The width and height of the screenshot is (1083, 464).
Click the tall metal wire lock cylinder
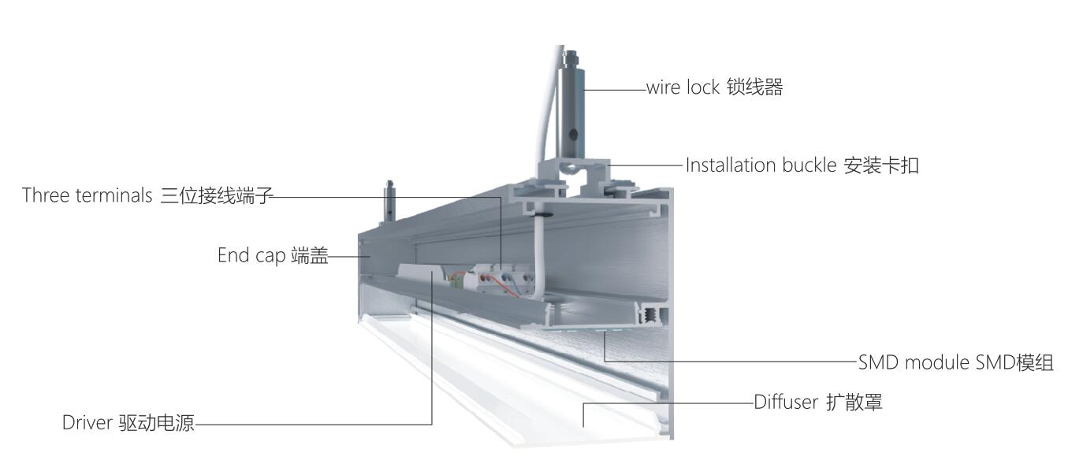(572, 110)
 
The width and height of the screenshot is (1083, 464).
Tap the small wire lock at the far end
(389, 202)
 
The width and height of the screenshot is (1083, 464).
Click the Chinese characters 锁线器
(754, 87)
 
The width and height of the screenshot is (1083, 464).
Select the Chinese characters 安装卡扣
(880, 165)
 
